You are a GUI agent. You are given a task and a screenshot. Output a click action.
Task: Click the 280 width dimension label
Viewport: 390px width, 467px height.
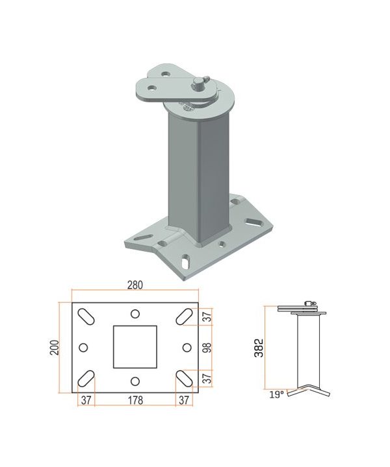click(135, 285)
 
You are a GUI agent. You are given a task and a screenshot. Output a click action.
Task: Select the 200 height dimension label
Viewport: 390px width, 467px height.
click(55, 348)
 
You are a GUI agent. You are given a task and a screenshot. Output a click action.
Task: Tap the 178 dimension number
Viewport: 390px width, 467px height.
click(135, 400)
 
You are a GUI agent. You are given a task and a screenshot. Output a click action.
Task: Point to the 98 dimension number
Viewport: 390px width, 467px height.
click(207, 348)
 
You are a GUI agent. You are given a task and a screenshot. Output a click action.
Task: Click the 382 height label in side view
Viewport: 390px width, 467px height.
click(259, 348)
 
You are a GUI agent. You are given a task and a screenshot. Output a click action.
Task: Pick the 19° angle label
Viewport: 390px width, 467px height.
click(277, 395)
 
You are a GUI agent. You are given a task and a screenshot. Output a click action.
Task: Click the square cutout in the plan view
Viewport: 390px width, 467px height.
click(135, 346)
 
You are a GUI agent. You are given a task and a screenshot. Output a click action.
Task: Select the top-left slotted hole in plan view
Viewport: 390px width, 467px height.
click(86, 317)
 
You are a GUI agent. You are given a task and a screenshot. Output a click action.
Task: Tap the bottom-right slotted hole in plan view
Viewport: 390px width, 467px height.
click(184, 378)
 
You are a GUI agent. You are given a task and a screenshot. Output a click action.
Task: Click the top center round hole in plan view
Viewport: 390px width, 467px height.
click(135, 314)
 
